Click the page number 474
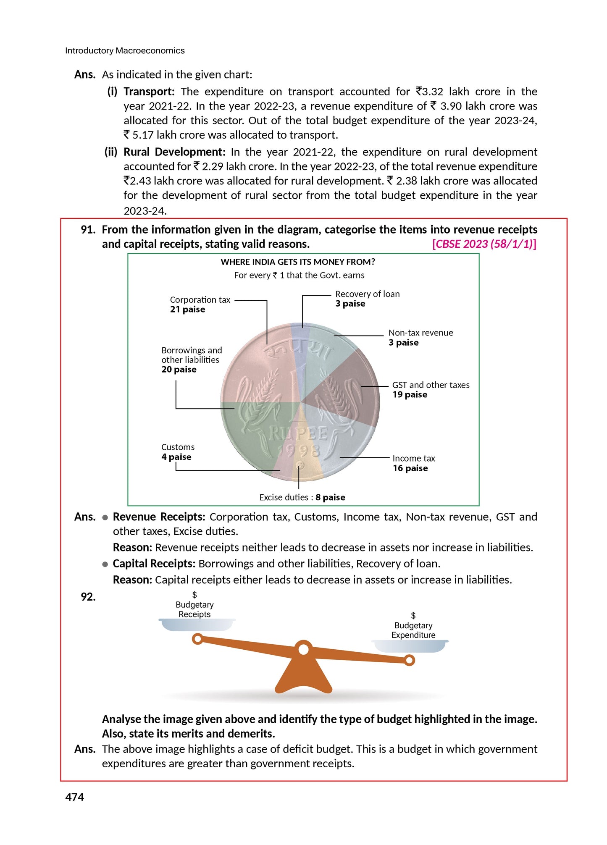(x=74, y=797)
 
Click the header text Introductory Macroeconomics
(x=125, y=51)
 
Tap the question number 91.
(x=88, y=230)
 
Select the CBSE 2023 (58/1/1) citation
(x=484, y=244)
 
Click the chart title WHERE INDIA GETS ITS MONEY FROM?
(x=298, y=262)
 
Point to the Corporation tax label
(x=200, y=300)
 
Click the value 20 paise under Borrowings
(x=179, y=370)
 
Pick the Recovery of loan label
(x=367, y=294)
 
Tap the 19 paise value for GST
(x=410, y=395)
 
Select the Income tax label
(x=414, y=458)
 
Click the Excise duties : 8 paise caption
(x=302, y=497)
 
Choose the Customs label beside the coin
(x=178, y=447)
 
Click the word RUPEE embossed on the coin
(x=298, y=433)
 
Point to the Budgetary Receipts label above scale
(x=194, y=609)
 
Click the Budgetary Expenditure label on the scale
(x=413, y=630)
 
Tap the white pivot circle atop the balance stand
(x=303, y=650)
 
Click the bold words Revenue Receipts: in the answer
(x=159, y=517)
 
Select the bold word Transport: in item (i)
(x=149, y=92)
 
